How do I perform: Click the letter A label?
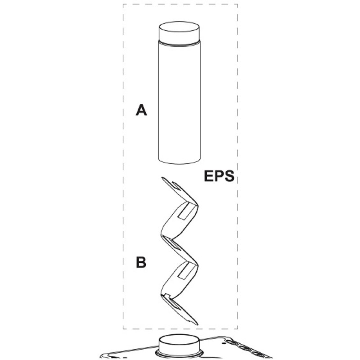point(142,110)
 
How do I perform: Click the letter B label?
point(141,262)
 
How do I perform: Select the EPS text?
point(219,175)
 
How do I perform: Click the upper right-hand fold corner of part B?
point(197,205)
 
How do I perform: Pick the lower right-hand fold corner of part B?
point(197,265)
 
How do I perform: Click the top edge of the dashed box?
point(180,4)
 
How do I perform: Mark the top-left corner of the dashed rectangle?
point(123,4)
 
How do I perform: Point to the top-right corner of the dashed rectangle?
point(237,4)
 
